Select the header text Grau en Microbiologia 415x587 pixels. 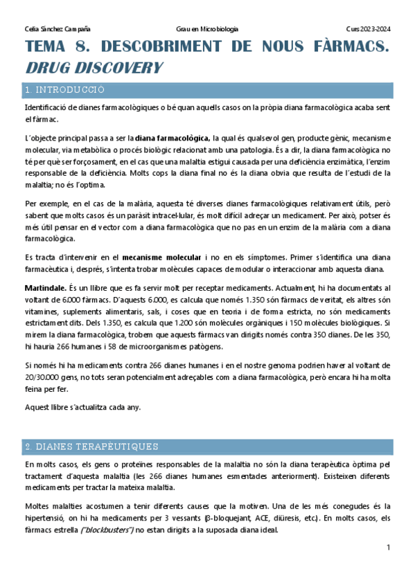pyautogui.click(x=208, y=29)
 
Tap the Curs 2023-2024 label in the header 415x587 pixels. pyautogui.click(x=368, y=29)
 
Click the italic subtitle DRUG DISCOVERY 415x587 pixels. pyautogui.click(x=94, y=68)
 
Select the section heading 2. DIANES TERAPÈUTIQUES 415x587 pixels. pyautogui.click(x=91, y=446)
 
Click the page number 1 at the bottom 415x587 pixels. pyautogui.click(x=389, y=548)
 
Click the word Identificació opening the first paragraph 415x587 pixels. pyautogui.click(x=47, y=109)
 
